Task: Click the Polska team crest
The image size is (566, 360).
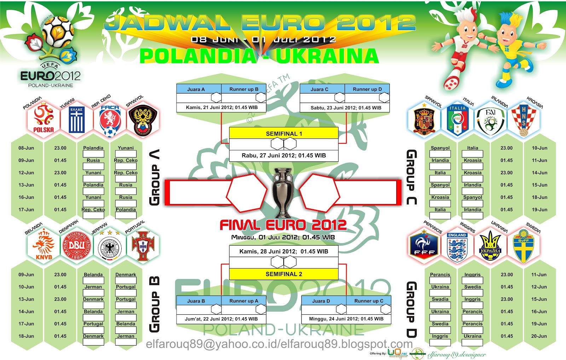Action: coord(43,119)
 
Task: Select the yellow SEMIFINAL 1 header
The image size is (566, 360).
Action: coord(284,133)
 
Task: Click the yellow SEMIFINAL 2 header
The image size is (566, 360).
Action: coord(284,274)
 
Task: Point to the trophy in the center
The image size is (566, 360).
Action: coord(283,193)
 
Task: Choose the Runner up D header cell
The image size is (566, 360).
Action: coord(367,89)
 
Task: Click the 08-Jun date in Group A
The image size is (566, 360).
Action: coord(27,148)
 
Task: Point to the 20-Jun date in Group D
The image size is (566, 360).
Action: coord(539,336)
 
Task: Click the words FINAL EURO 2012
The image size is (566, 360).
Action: coord(283,225)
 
